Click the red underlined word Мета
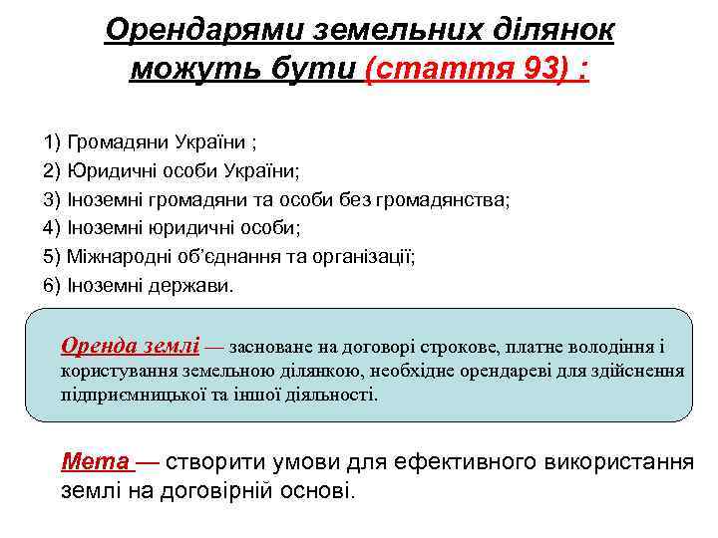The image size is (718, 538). click(x=95, y=462)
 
